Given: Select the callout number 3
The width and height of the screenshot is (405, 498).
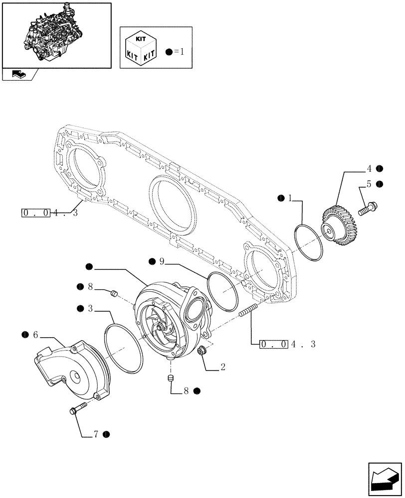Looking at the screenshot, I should click(x=91, y=309).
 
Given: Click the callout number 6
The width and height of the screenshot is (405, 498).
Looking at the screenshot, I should click(x=35, y=335).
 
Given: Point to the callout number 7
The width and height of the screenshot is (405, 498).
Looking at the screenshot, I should click(x=96, y=435).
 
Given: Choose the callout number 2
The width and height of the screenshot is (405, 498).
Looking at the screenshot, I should click(x=222, y=368).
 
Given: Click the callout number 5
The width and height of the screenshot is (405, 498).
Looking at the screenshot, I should click(x=369, y=184).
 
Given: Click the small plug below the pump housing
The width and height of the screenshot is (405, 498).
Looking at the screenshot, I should click(x=171, y=379).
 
